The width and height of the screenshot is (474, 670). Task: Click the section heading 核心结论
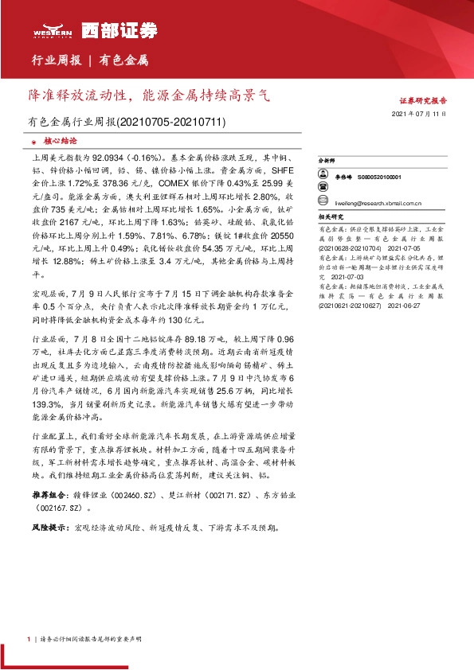[x=53, y=139]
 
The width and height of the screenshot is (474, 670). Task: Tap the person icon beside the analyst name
[x=323, y=178]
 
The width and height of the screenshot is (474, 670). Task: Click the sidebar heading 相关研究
[x=330, y=216]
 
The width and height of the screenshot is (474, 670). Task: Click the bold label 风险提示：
[x=50, y=528]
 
